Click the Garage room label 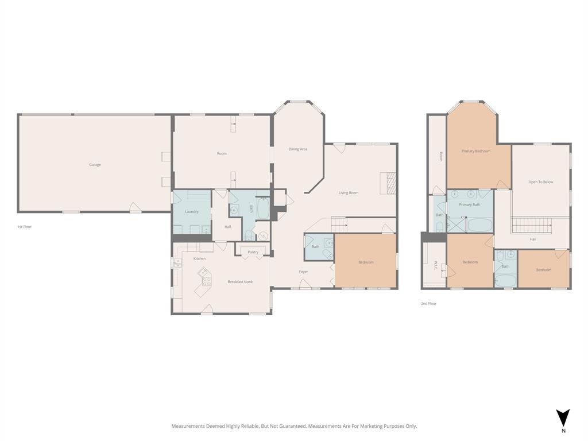click(x=95, y=165)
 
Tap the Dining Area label click(x=297, y=149)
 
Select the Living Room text click(x=348, y=193)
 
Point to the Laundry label click(x=192, y=212)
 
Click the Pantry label click(x=253, y=252)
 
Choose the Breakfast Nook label click(x=240, y=282)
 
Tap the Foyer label click(x=303, y=272)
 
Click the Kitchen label click(x=199, y=259)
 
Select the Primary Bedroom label click(x=476, y=152)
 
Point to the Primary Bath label click(x=469, y=204)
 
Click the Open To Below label click(x=540, y=182)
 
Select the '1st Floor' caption click(x=24, y=227)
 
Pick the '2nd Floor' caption click(x=428, y=304)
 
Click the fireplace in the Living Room click(x=390, y=184)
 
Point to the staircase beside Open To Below click(x=531, y=225)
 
